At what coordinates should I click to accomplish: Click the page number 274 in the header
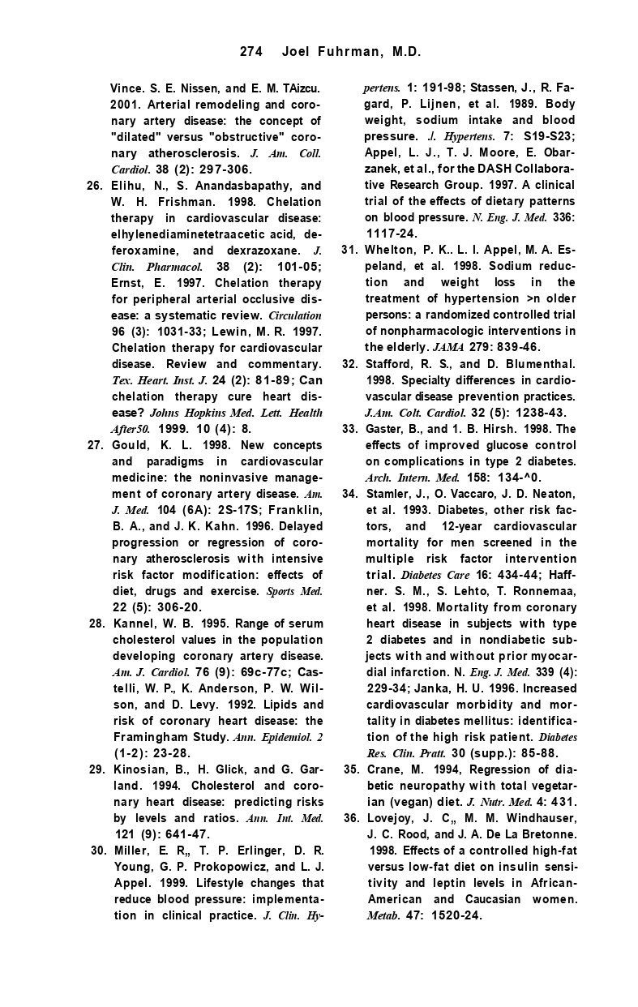tap(251, 52)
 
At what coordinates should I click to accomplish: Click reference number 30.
tap(98, 851)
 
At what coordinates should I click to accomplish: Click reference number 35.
tap(352, 769)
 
